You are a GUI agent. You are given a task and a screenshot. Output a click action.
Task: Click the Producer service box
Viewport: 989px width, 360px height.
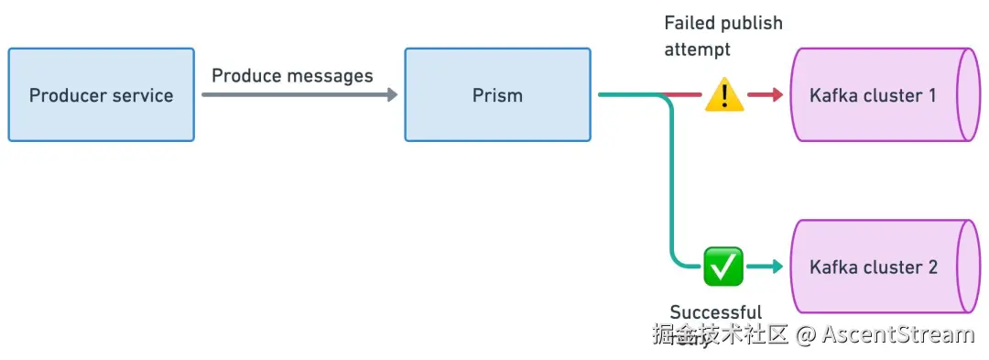point(101,95)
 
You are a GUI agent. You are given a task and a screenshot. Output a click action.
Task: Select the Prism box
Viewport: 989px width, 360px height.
point(497,95)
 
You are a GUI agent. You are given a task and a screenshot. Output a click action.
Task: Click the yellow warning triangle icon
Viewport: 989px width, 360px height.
point(723,94)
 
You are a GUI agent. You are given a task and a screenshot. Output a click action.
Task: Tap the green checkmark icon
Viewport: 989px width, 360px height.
point(723,267)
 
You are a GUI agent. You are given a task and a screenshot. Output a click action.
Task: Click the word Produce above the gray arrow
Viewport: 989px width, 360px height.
point(246,75)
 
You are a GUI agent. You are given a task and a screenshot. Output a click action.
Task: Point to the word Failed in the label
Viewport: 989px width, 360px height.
point(690,23)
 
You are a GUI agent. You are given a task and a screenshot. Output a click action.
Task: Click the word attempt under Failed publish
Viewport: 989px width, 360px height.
point(698,50)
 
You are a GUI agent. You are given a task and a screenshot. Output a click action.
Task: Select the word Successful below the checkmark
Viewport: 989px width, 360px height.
point(715,313)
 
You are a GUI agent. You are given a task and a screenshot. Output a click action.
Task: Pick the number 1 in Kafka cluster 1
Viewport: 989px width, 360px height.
point(931,95)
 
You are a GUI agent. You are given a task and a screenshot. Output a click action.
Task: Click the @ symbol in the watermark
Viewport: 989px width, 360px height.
point(805,334)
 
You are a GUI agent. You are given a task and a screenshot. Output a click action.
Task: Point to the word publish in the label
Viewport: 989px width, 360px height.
point(753,23)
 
